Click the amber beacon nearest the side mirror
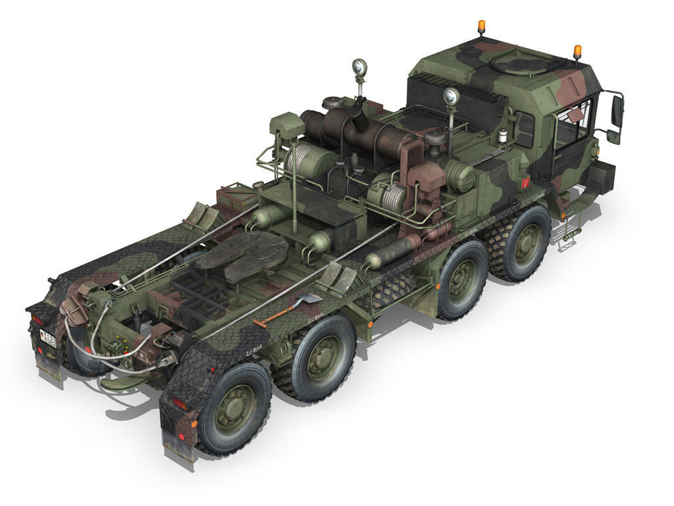[x=577, y=51]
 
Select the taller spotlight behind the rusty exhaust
[x=359, y=68]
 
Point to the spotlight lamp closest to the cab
[x=451, y=97]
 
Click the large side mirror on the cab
[x=617, y=111]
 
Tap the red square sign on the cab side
[x=525, y=182]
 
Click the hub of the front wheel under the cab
[x=527, y=244]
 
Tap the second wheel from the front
[x=462, y=280]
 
